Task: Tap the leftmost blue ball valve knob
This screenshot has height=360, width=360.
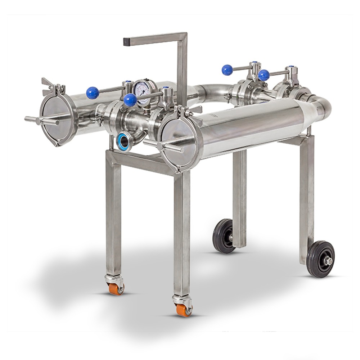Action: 93,93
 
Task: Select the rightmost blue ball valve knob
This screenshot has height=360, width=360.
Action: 264,75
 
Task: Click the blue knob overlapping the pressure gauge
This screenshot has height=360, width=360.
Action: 130,100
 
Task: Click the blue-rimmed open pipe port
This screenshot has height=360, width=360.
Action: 124,141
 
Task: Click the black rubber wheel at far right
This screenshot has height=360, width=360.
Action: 320,259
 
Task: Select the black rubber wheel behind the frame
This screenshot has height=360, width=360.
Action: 224,236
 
